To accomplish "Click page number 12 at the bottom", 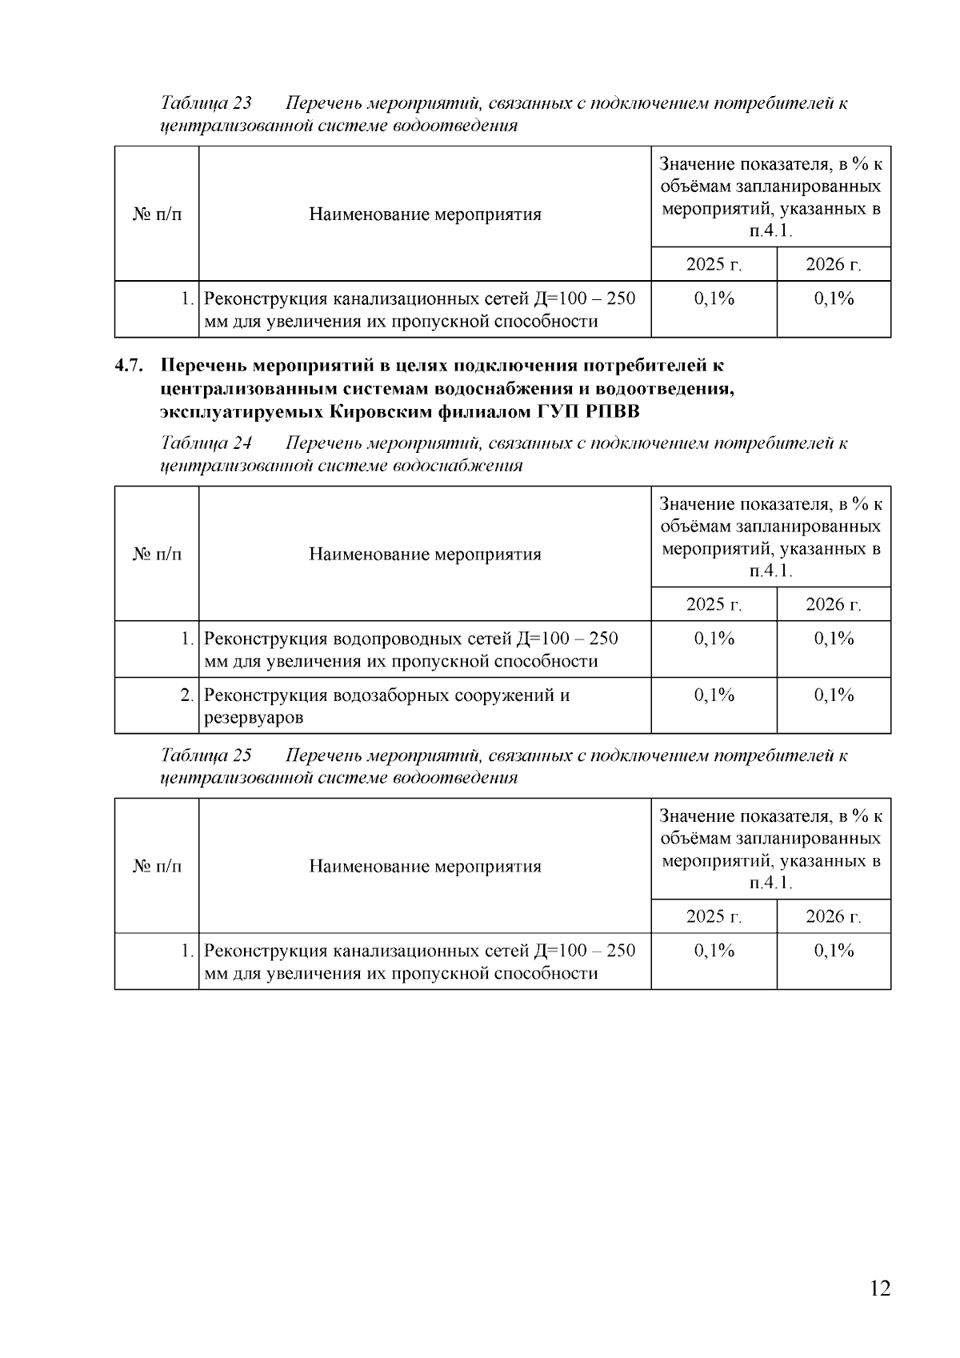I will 878,1288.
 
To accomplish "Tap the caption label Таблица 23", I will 206,103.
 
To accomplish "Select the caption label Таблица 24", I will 206,443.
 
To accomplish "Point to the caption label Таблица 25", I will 206,755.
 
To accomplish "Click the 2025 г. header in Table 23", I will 714,265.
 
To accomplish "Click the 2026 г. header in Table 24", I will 833,604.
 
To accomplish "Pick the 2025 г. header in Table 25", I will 714,916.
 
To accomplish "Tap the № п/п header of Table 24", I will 157,554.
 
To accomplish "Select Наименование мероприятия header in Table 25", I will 425,866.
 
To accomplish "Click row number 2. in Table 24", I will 186,695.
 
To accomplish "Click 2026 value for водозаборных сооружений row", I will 834,695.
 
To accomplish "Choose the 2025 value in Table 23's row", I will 714,299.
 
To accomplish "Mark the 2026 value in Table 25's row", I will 834,951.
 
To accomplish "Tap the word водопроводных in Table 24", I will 386,639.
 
